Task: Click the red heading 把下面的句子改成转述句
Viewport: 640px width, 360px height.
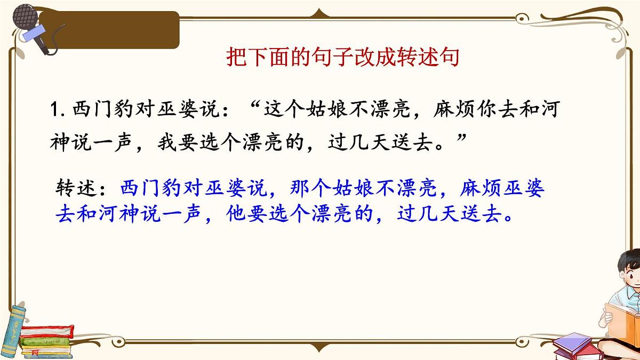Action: point(342,58)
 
